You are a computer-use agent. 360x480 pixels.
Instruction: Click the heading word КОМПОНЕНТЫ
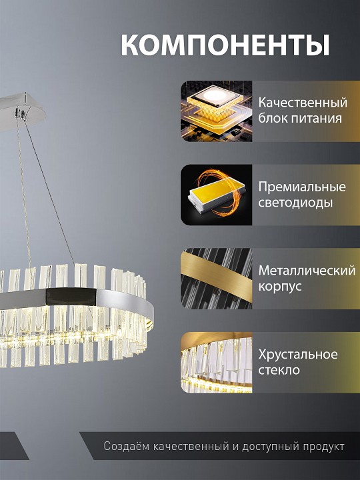click(225, 45)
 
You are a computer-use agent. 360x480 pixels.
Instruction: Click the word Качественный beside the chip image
click(303, 103)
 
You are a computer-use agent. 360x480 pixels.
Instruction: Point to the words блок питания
click(300, 119)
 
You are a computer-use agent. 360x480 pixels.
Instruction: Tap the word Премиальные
click(302, 187)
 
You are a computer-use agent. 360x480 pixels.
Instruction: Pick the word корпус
click(280, 287)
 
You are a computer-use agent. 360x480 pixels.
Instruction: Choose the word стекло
click(279, 370)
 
